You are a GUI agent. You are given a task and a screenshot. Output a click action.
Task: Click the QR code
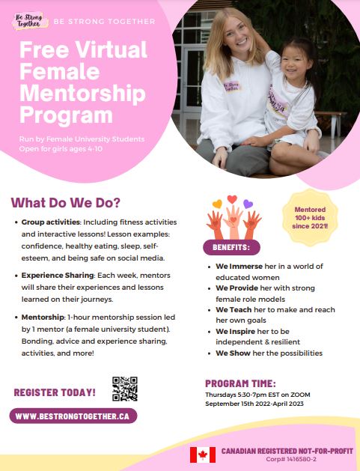point(125,388)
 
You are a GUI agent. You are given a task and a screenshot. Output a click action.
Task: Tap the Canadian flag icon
point(202,455)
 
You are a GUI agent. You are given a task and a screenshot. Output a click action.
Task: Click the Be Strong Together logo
point(29,20)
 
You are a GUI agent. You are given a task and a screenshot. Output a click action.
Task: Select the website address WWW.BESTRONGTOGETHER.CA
point(73,416)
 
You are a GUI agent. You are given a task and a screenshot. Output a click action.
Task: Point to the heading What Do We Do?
point(65,203)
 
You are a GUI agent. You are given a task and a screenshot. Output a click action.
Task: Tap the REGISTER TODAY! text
point(55,392)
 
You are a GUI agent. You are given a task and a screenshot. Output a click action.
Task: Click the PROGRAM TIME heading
point(240,383)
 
